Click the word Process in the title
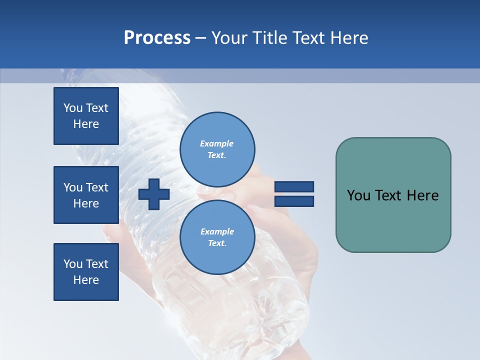pos(157,38)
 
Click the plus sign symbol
pos(154,194)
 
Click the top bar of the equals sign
pos(294,187)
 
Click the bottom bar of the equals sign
pos(294,201)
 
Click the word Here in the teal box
pos(422,195)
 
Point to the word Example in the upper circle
pos(216,143)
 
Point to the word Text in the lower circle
pos(216,243)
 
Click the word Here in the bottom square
pos(86,280)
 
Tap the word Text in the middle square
pos(96,187)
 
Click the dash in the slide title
pos(201,38)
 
